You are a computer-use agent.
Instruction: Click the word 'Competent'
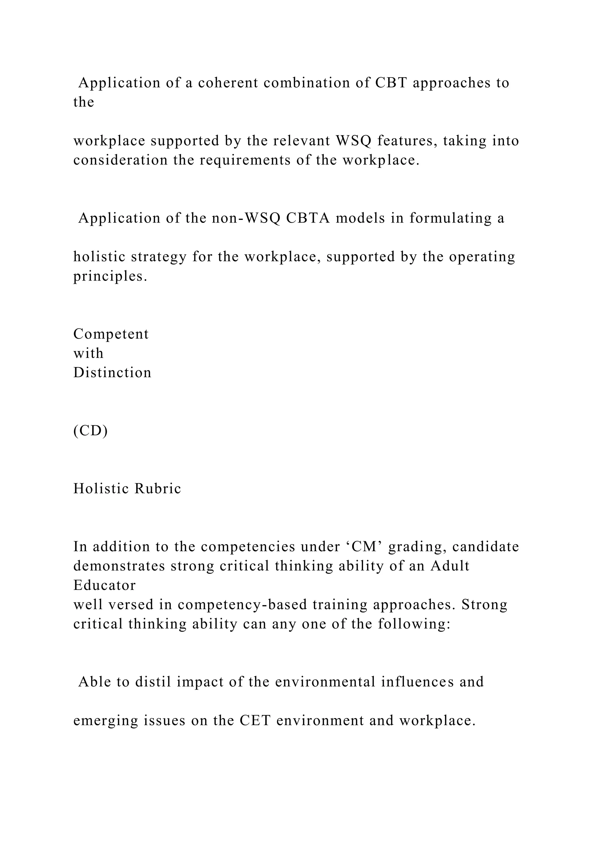[111, 334]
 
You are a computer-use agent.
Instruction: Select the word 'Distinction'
[112, 373]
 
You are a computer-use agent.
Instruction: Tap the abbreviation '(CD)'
[90, 431]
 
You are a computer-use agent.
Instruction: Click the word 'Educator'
[104, 585]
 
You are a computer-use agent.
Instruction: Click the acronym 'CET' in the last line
[255, 721]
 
